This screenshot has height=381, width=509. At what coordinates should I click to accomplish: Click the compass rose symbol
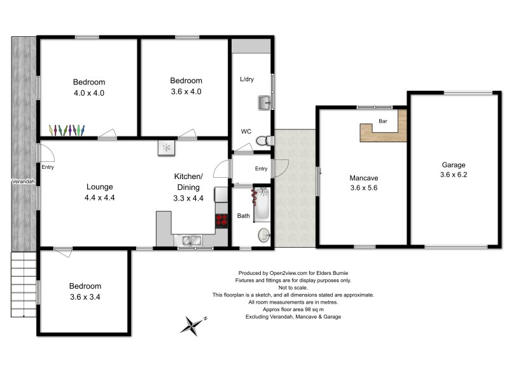point(193,325)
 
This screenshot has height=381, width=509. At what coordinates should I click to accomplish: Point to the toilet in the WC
point(267,140)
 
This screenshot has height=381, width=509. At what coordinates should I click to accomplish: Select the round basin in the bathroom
point(263,236)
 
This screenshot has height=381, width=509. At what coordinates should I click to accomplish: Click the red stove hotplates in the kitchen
point(221,220)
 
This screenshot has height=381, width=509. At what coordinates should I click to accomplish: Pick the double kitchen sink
point(190,240)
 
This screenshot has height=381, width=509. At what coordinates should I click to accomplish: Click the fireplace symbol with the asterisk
point(167,147)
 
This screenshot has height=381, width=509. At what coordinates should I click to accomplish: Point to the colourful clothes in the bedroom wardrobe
point(67,130)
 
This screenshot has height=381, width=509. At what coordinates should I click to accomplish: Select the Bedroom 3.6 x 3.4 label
point(85,291)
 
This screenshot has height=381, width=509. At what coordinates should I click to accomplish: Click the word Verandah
point(23,182)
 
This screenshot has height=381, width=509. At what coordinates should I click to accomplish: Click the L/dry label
point(247,79)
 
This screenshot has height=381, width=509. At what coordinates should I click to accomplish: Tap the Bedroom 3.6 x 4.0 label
point(186,86)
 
